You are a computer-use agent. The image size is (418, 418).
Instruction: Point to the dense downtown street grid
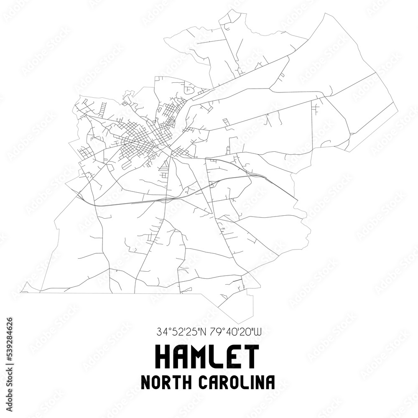pos(144,140)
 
